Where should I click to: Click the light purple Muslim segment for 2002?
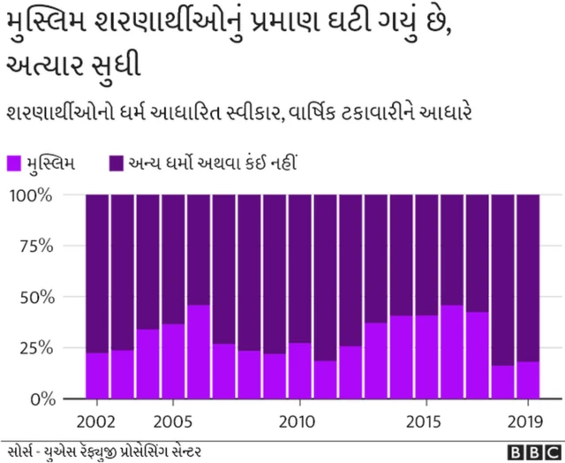tap(97, 376)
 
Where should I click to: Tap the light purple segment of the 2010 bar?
tap(300, 370)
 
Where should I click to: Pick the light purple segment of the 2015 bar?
tap(426, 357)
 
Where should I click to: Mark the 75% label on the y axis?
tap(36, 246)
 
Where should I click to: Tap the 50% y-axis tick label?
tap(36, 296)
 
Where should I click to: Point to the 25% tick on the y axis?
tap(36, 347)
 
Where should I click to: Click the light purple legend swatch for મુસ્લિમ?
tap(14, 163)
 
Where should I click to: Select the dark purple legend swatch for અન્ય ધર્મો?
tap(116, 163)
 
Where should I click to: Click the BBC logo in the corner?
tap(526, 451)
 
